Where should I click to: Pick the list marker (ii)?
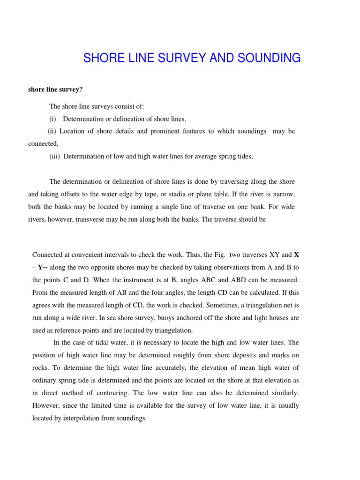coord(53,131)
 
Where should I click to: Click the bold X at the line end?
coord(296,255)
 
